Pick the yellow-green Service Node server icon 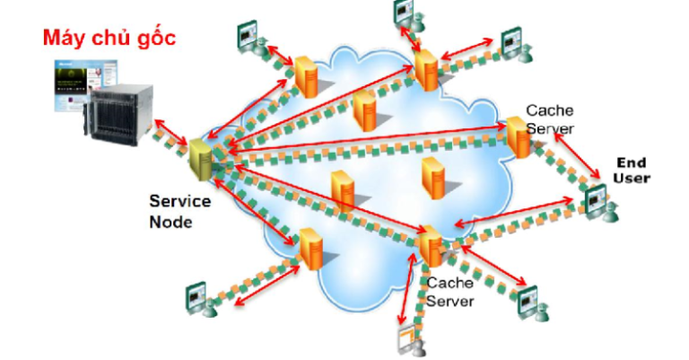point(199,160)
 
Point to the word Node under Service point(170,221)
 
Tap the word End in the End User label point(631,162)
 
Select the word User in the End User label point(632,178)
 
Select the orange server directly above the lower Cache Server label point(430,246)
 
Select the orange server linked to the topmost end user point(426,70)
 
